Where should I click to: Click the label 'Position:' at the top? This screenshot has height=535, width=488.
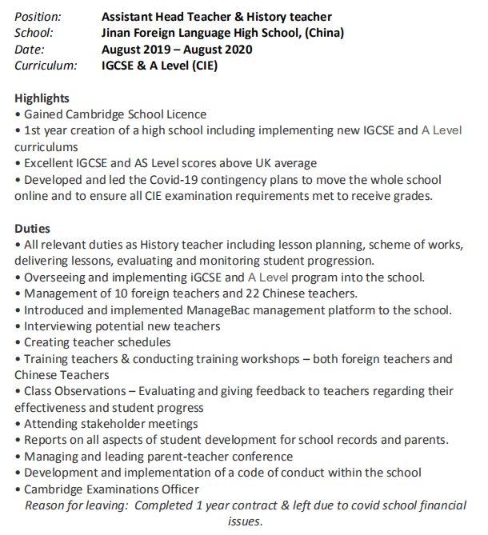38,16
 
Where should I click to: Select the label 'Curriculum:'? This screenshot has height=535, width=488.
46,66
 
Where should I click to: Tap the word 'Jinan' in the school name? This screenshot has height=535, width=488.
118,33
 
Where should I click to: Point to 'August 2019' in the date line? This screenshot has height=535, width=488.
137,50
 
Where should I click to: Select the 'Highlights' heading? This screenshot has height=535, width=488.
42,98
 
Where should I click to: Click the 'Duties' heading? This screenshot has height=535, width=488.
32,229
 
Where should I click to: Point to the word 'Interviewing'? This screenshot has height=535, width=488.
60,326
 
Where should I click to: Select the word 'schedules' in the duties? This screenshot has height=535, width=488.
143,342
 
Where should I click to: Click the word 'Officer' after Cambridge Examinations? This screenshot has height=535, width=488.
178,489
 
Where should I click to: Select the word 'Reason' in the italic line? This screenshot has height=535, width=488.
45,505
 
